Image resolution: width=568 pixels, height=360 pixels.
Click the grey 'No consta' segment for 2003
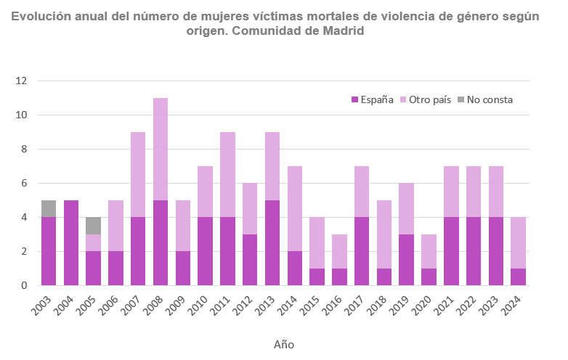(48, 208)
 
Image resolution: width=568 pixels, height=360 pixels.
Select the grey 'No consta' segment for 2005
(93, 225)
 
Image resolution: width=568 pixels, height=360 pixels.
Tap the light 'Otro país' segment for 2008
(160, 149)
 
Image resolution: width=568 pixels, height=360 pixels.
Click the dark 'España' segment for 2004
(70, 242)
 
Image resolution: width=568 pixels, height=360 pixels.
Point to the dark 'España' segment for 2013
(272, 242)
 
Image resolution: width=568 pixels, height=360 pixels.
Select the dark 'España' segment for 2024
(518, 277)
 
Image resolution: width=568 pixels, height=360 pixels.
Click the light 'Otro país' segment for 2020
(429, 251)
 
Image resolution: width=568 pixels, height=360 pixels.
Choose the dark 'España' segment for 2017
(362, 251)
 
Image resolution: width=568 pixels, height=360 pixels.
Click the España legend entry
(373, 99)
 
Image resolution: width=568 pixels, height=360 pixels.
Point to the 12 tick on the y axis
(21, 81)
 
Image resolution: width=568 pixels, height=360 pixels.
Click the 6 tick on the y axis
(24, 183)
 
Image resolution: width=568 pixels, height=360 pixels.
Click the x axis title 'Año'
(284, 344)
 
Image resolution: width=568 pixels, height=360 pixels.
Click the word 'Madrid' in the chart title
(337, 32)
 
